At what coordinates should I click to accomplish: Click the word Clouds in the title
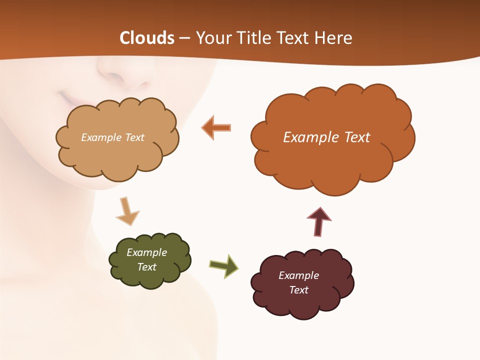(146, 38)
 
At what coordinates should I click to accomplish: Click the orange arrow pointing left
(216, 127)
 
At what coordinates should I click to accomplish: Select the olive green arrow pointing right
(224, 265)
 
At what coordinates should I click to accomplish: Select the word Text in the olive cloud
(147, 267)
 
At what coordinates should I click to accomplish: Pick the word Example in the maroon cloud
(298, 275)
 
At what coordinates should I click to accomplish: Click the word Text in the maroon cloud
(298, 290)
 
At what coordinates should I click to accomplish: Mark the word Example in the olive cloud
(147, 252)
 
